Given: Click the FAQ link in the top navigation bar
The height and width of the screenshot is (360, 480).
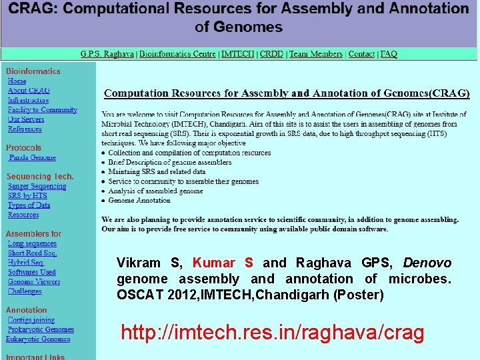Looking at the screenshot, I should pyautogui.click(x=389, y=54).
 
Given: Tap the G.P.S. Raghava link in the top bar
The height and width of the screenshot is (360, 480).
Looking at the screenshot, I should pyautogui.click(x=107, y=54).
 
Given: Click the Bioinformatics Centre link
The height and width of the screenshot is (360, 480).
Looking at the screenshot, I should pyautogui.click(x=177, y=54).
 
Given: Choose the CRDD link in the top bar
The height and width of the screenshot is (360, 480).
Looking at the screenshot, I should pyautogui.click(x=271, y=54).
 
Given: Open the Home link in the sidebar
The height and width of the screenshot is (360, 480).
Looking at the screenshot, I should pyautogui.click(x=17, y=81).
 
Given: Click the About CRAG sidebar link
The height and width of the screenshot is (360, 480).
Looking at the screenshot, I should pyautogui.click(x=29, y=91).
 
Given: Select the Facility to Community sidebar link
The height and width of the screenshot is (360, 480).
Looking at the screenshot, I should pyautogui.click(x=43, y=110).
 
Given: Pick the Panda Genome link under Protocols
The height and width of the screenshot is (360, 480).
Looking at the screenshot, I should pyautogui.click(x=33, y=158).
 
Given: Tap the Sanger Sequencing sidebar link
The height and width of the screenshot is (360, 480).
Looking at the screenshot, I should pyautogui.click(x=37, y=187).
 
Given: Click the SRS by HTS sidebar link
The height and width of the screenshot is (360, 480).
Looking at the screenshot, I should pyautogui.click(x=27, y=196).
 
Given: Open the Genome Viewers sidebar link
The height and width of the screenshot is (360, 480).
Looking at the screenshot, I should pyautogui.click(x=34, y=282).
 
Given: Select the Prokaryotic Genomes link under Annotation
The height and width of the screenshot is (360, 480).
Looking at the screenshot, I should pyautogui.click(x=41, y=329).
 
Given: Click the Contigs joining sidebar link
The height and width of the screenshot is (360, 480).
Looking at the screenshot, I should pyautogui.click(x=31, y=320).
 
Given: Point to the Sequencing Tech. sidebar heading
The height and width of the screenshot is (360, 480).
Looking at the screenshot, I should pyautogui.click(x=40, y=177).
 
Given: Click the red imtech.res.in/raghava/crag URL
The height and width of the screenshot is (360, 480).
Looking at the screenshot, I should pyautogui.click(x=272, y=333).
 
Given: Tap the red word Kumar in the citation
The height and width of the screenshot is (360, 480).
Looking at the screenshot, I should pyautogui.click(x=213, y=263).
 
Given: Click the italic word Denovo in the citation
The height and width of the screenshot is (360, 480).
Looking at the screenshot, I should pyautogui.click(x=427, y=263).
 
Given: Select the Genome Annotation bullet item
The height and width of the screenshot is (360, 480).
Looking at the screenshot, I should pyautogui.click(x=139, y=200).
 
